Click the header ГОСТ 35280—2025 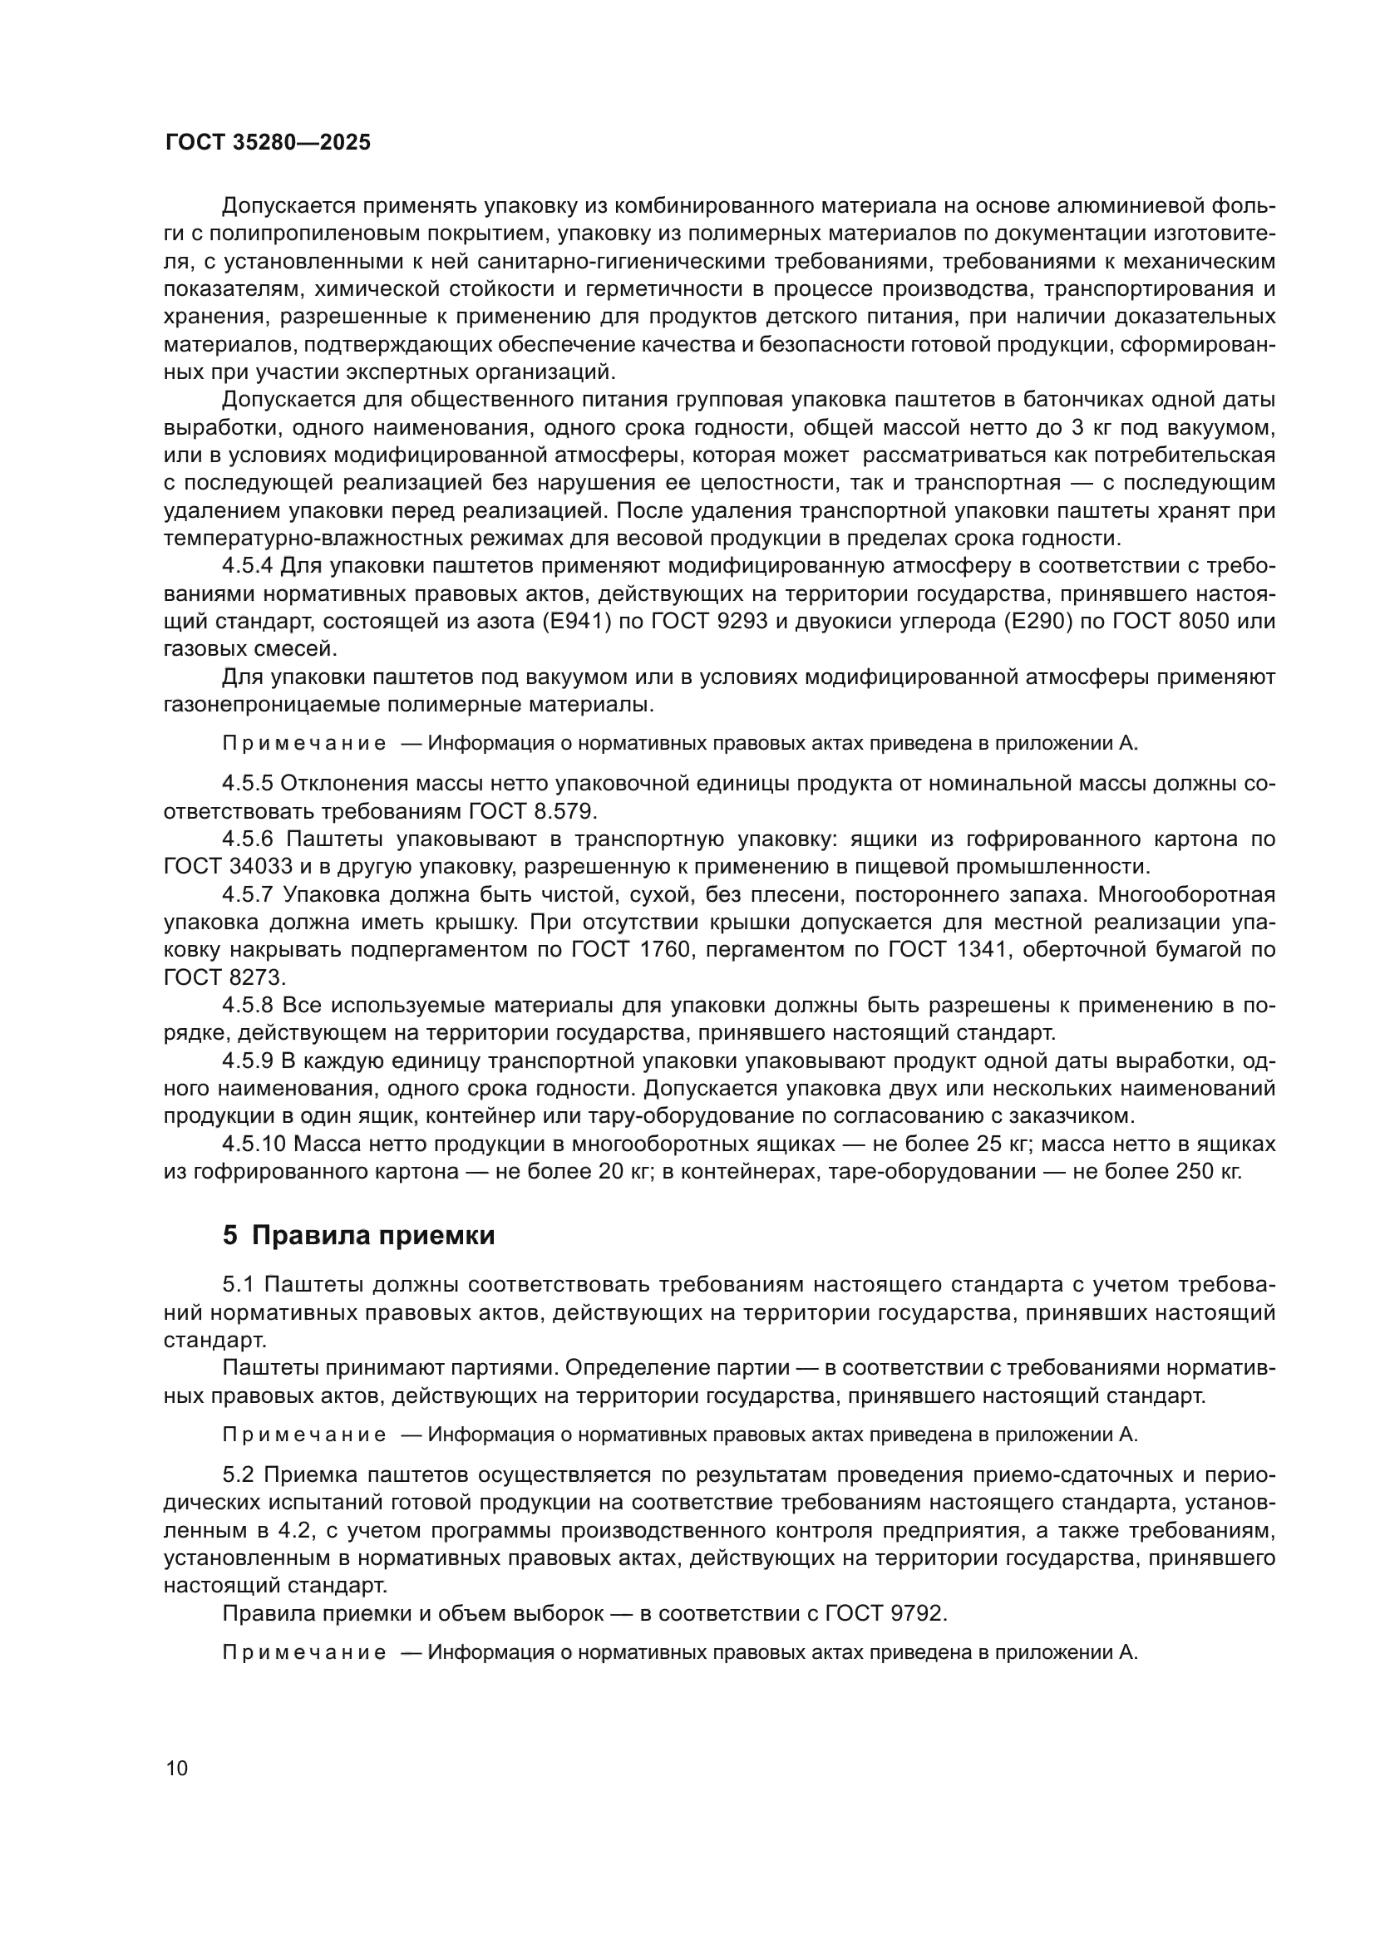click(x=268, y=142)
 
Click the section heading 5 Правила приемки click(x=358, y=1235)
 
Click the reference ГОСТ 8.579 click(x=533, y=810)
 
